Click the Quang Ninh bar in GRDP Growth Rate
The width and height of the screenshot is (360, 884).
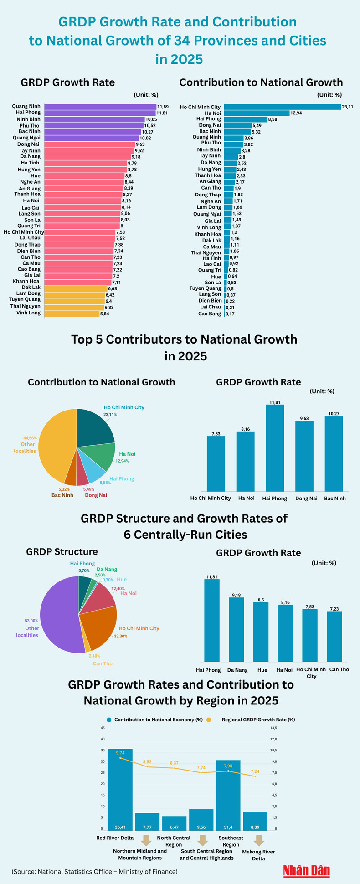pyautogui.click(x=100, y=107)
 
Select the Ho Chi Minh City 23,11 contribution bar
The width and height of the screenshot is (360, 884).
pyautogui.click(x=283, y=107)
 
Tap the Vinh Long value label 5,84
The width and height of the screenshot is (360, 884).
pyautogui.click(x=106, y=314)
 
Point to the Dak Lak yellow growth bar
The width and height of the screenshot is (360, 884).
pyautogui.click(x=76, y=288)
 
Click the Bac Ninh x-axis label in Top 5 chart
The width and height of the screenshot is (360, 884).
pyautogui.click(x=335, y=499)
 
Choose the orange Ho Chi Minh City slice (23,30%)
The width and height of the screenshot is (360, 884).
pyautogui.click(x=98, y=629)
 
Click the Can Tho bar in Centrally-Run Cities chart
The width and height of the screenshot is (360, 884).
pyautogui.click(x=334, y=636)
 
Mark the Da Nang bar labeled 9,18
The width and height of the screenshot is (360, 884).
pyautogui.click(x=237, y=629)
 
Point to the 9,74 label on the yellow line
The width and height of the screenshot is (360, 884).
pyautogui.click(x=120, y=753)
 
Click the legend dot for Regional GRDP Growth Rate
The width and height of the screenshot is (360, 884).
pyautogui.click(x=209, y=720)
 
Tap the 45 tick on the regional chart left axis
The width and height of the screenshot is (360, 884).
pyautogui.click(x=103, y=728)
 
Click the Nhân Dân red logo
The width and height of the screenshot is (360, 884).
pyautogui.click(x=307, y=871)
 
